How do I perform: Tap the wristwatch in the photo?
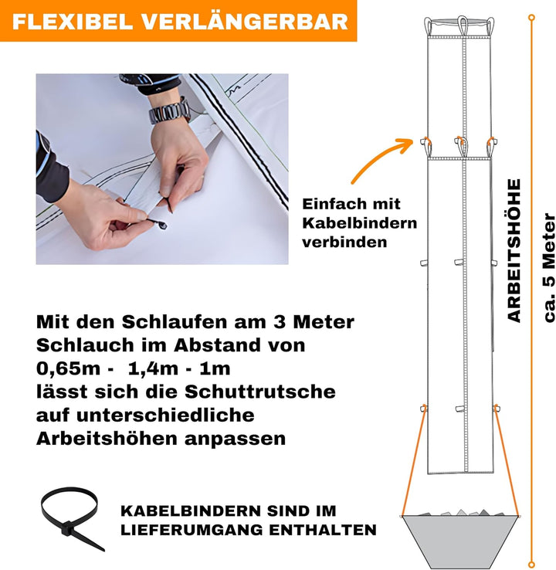point(170,112)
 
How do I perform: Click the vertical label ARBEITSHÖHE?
point(515,250)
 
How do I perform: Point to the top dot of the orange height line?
point(531,15)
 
